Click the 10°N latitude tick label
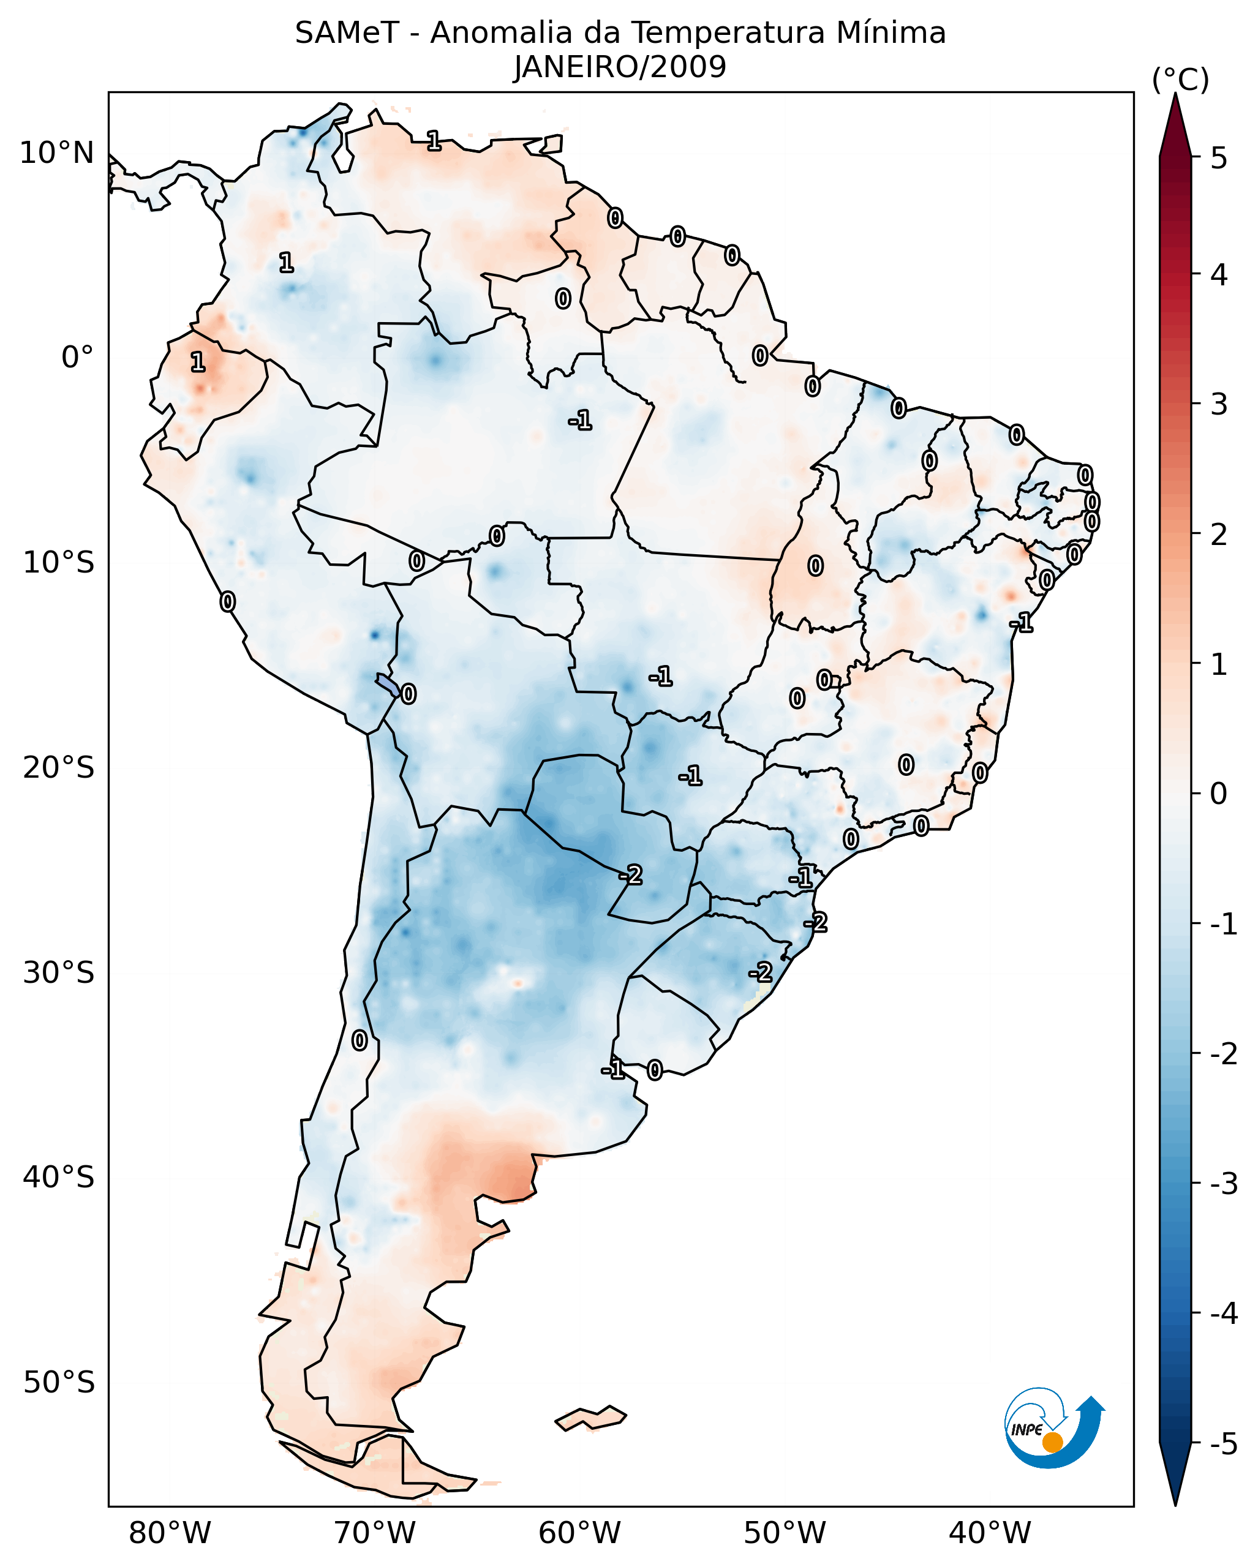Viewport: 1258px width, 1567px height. (57, 153)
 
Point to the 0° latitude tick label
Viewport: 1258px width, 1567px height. (77, 358)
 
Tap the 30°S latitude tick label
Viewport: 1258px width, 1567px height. (58, 972)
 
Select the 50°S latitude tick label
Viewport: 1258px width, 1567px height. (58, 1383)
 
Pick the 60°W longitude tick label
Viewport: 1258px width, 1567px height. (579, 1533)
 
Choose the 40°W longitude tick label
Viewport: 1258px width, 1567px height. (989, 1533)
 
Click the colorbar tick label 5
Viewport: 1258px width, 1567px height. (1219, 158)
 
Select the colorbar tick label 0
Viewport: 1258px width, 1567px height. (1219, 794)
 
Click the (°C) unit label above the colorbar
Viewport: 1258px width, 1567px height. (1180, 80)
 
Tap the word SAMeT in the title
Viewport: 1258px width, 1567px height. (347, 34)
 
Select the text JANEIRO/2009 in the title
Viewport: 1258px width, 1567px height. (620, 67)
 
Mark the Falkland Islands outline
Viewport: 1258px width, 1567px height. (590, 1418)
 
